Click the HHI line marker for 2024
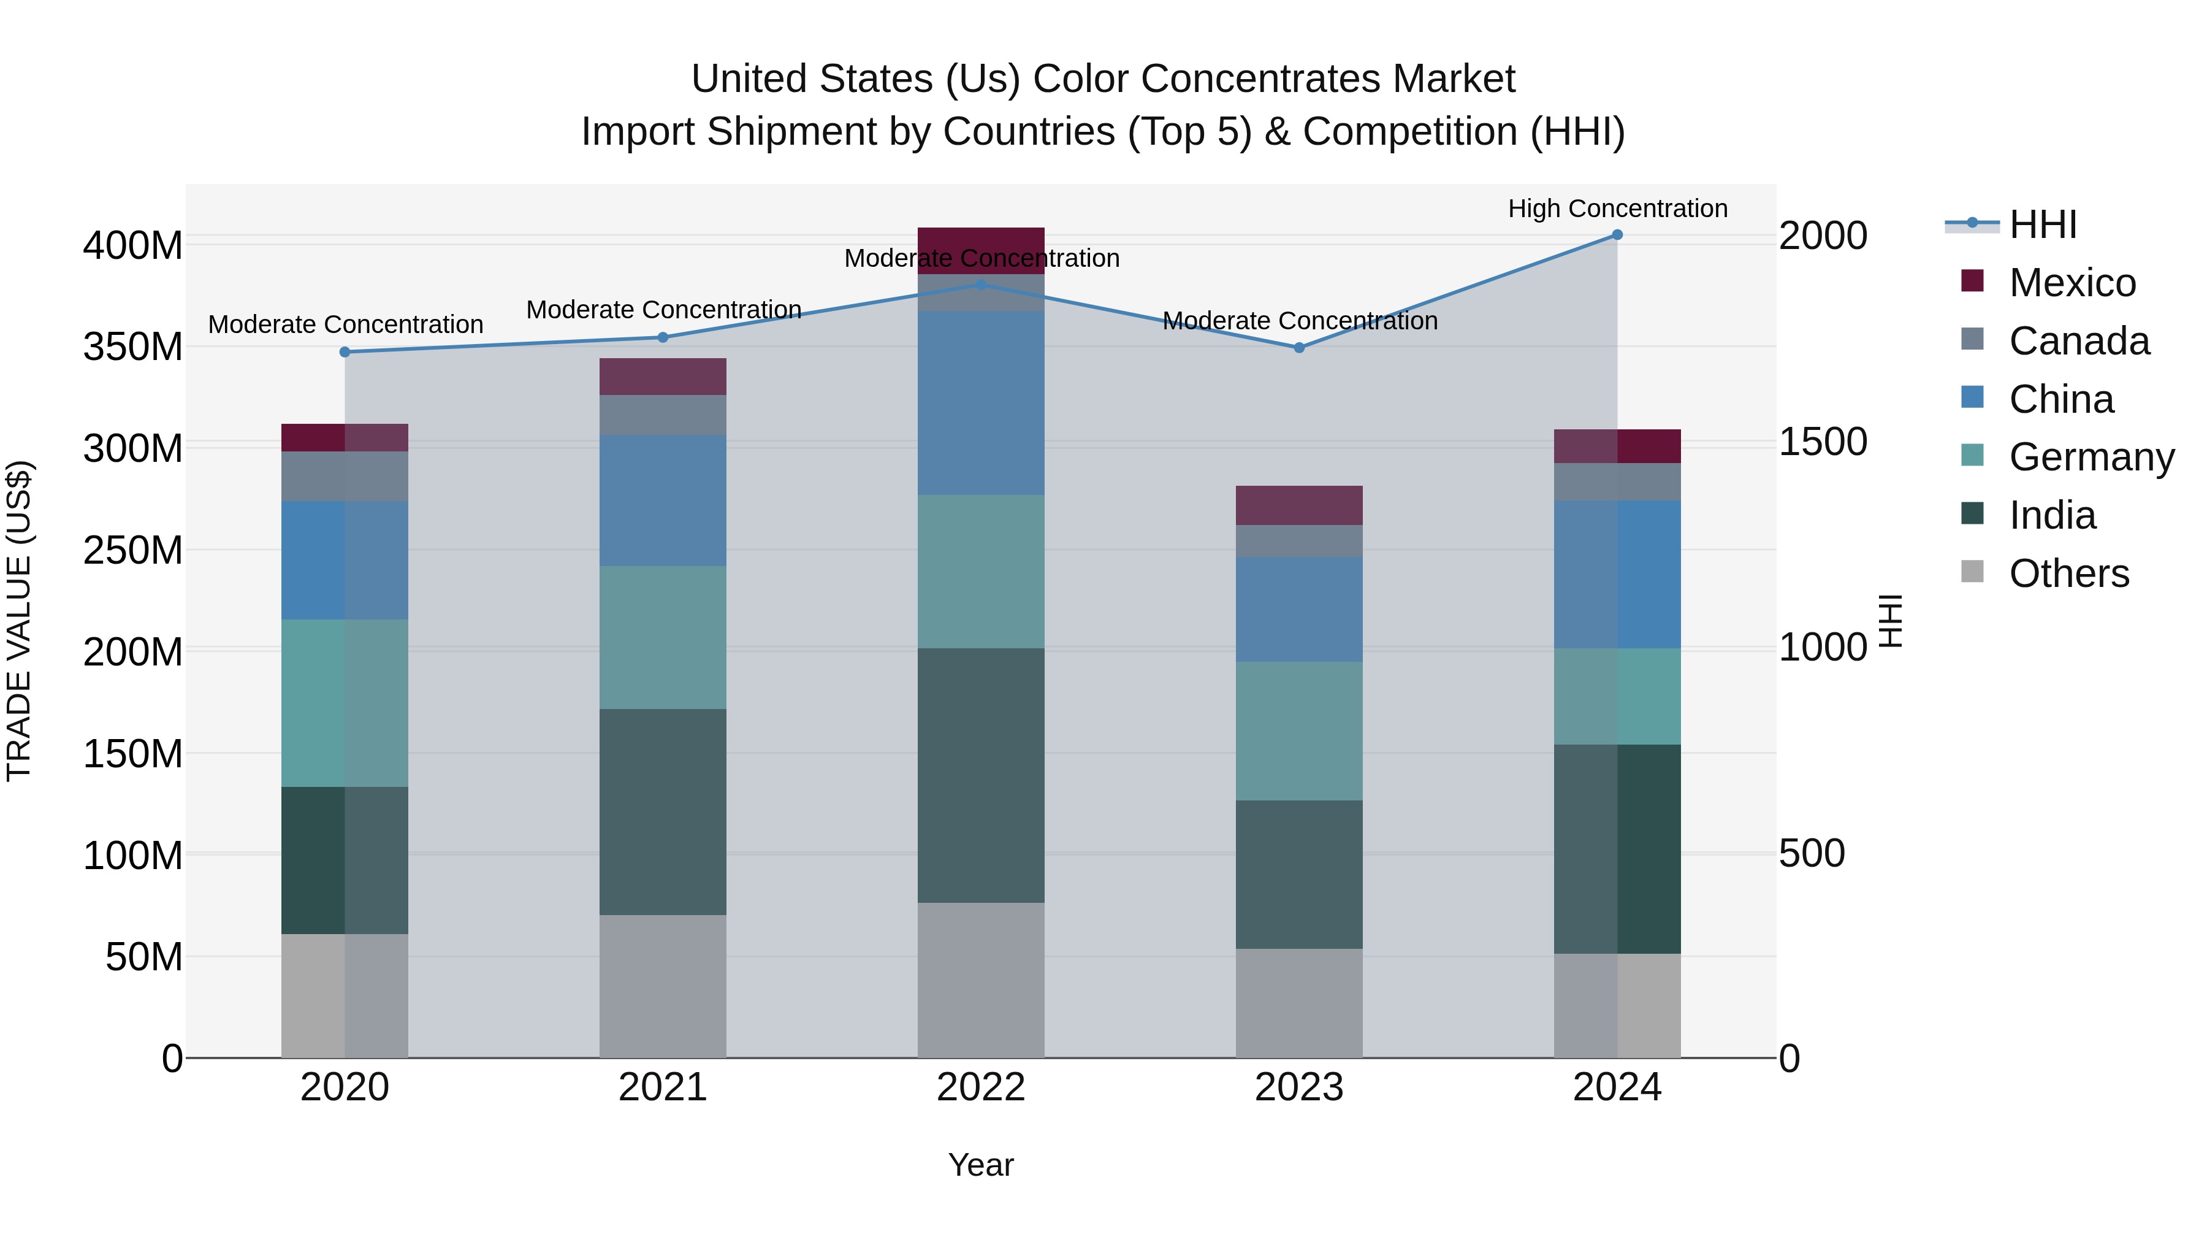1617,235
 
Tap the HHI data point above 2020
345,352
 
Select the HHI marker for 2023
1299,348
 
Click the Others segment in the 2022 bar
981,979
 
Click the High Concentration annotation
1617,209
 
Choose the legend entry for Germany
2091,457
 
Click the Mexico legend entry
2072,283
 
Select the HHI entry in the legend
2043,224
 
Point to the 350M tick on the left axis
133,347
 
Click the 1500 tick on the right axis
1823,442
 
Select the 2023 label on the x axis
1299,1087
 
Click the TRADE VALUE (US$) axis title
19,621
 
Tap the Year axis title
981,1165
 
